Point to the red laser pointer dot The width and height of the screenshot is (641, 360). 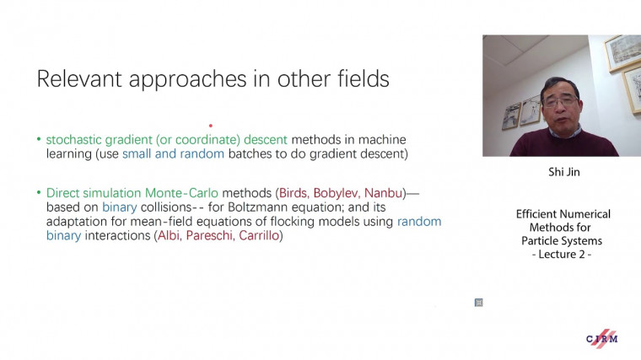coord(210,126)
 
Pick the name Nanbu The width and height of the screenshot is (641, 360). coord(384,193)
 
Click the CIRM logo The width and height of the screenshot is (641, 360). coord(602,338)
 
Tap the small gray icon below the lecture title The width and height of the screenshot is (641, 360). coord(478,302)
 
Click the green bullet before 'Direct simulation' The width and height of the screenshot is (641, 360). coord(39,193)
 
